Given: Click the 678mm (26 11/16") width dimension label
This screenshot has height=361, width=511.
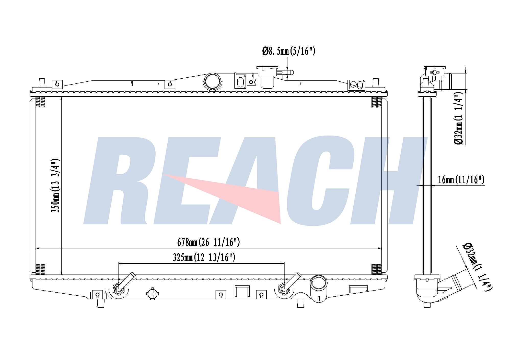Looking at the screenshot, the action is click(x=208, y=242).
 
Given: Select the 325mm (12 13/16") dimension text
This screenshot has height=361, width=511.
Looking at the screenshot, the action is click(x=204, y=257).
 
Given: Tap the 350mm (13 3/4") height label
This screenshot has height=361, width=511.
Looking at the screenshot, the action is click(x=55, y=186).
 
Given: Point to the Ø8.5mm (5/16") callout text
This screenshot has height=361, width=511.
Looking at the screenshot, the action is click(x=288, y=51).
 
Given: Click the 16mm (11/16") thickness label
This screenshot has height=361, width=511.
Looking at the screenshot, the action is click(x=461, y=180).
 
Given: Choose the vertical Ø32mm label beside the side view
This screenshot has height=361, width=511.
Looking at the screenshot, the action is click(x=458, y=121).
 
